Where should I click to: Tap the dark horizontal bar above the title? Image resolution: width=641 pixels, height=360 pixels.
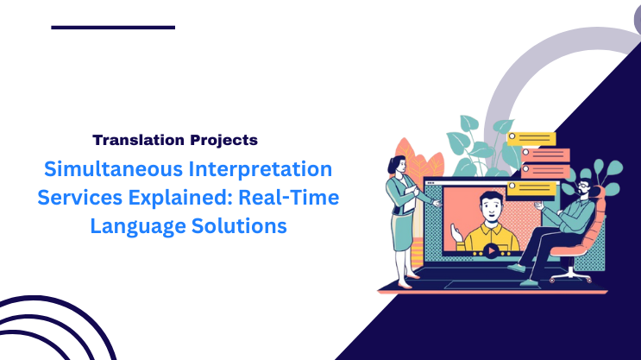click(113, 28)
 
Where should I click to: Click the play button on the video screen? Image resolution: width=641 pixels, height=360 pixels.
click(491, 252)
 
